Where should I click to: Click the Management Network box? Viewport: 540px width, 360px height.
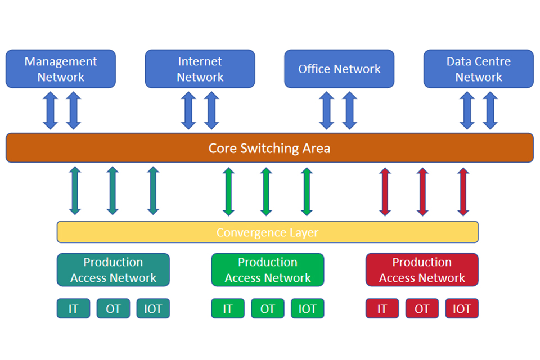click(61, 69)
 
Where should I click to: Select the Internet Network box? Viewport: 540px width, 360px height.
click(200, 69)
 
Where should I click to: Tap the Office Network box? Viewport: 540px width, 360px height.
click(339, 69)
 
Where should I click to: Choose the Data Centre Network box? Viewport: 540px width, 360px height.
click(478, 69)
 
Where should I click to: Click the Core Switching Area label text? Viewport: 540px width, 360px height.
click(269, 148)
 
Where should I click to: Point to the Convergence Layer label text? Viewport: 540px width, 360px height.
click(267, 232)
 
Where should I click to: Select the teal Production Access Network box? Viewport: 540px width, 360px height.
click(113, 270)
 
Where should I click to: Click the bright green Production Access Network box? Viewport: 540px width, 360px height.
click(268, 270)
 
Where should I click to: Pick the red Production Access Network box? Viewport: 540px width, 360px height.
click(422, 270)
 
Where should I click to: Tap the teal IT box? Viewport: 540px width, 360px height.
click(73, 309)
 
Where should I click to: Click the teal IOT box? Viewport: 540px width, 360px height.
click(153, 309)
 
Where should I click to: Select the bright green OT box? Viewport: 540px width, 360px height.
click(268, 309)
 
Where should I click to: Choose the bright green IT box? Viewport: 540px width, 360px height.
click(228, 309)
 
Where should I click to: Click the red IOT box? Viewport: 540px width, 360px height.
click(462, 309)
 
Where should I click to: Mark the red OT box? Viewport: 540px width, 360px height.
click(422, 309)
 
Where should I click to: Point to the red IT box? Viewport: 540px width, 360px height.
click(382, 309)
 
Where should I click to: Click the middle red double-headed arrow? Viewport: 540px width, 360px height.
click(422, 192)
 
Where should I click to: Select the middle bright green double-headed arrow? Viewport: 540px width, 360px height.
click(267, 192)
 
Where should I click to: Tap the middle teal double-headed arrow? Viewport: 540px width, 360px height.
click(112, 192)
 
